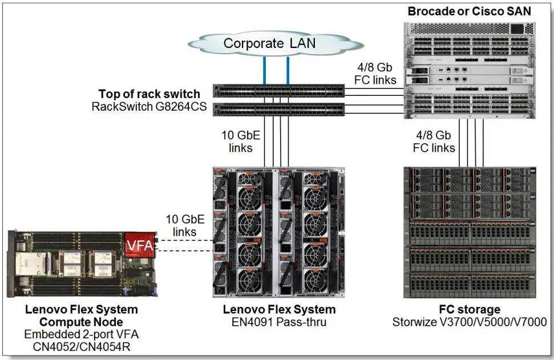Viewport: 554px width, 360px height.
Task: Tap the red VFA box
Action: (x=140, y=245)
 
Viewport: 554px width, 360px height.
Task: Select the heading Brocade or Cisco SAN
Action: (x=468, y=11)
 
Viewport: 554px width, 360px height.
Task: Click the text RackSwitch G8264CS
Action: (x=148, y=106)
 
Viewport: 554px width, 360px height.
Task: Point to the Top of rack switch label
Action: (x=149, y=94)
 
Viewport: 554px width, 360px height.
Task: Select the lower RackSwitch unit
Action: (x=278, y=109)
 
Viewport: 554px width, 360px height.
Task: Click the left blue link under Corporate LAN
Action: (x=264, y=70)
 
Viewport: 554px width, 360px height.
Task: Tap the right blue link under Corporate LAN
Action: (x=288, y=70)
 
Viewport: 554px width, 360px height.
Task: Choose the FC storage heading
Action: (x=470, y=310)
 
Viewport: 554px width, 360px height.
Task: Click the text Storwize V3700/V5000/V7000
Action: (x=470, y=322)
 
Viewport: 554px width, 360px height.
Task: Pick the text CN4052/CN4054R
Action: (x=81, y=346)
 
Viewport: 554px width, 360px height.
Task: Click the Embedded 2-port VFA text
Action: (x=81, y=334)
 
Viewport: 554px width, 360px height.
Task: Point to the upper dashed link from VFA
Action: (x=183, y=240)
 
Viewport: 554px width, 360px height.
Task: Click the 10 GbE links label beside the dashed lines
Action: (x=181, y=225)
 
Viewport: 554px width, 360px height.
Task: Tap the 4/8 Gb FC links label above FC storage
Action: (x=435, y=141)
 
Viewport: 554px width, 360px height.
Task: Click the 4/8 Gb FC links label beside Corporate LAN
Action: (x=375, y=74)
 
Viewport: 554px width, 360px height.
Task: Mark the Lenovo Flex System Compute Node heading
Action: (x=81, y=315)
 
